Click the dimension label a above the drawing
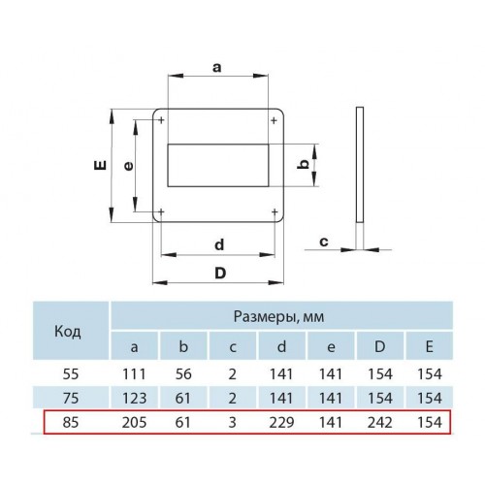(x=217, y=68)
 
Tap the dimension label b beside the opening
(x=304, y=165)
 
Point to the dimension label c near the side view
(x=324, y=242)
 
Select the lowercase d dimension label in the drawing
(x=219, y=244)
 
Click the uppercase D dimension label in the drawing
(x=220, y=274)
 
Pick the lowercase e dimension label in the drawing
(x=128, y=166)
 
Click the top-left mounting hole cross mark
(x=161, y=120)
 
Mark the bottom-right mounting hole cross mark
(x=275, y=212)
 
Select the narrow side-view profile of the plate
(x=360, y=165)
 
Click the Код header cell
(x=68, y=331)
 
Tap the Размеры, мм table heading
(x=278, y=316)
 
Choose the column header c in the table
(x=233, y=347)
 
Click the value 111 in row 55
(x=134, y=374)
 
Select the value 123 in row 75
(x=134, y=398)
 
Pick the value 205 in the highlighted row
(x=134, y=422)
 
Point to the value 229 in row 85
(x=281, y=422)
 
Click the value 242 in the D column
(x=380, y=422)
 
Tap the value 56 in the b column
(x=183, y=374)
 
